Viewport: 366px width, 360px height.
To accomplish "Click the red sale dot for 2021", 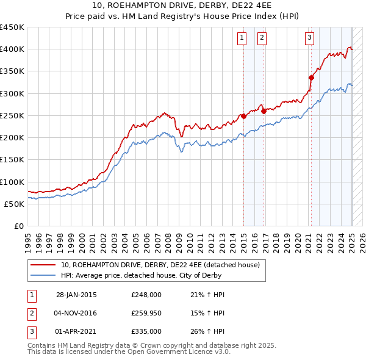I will coord(311,77).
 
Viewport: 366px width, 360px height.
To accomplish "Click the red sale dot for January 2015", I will coord(243,116).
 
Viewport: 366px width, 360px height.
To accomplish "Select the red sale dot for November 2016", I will coord(264,111).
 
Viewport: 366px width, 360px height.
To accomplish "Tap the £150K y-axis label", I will coord(12,160).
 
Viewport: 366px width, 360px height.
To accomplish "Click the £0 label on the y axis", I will coord(18,226).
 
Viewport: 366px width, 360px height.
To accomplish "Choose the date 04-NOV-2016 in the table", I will coord(76,313).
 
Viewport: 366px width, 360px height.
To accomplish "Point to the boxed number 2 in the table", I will coord(31,313).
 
